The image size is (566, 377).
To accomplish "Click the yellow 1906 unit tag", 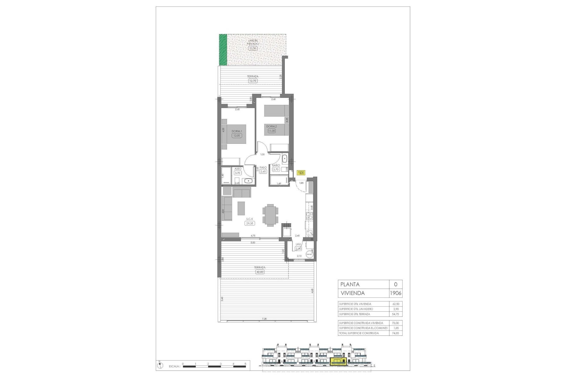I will pos(301,173).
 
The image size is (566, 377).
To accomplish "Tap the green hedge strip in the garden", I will pos(223,54).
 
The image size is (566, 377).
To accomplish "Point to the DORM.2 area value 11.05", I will pos(271,131).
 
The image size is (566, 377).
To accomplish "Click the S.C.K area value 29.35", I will pos(249,224).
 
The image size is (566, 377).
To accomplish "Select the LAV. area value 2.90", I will pos(298,249).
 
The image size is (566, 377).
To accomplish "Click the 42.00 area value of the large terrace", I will pos(260,272).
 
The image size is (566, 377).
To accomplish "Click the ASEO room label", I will pos(238,169).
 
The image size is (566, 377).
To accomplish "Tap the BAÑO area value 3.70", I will pos(276,169).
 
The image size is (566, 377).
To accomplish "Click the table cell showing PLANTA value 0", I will pos(396,285).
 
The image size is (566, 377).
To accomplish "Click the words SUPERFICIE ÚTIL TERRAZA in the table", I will pos(354,314).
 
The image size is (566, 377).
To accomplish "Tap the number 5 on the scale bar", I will pos(245,364).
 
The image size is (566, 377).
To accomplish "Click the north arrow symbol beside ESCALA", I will pos(159,366).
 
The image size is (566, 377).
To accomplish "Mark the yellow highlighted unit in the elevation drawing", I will pos(338,361).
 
